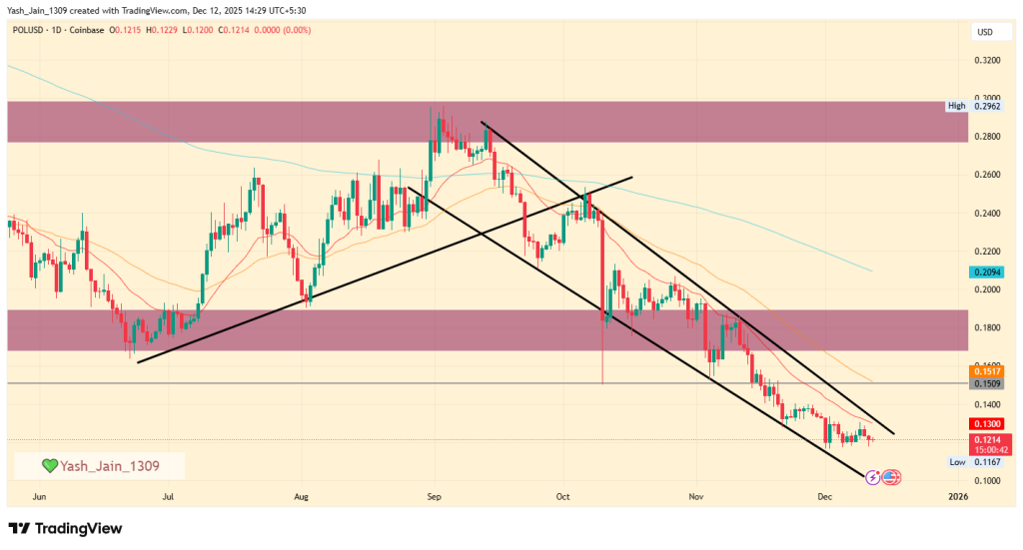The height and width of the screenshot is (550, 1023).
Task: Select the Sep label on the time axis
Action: point(435,495)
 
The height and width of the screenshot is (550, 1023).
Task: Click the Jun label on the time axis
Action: point(40,495)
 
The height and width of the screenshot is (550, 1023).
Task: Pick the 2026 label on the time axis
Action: point(957,495)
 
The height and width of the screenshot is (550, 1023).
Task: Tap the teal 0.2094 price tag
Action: point(985,273)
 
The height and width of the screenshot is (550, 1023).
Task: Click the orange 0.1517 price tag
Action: point(985,371)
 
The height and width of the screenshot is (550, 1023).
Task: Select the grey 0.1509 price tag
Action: point(985,383)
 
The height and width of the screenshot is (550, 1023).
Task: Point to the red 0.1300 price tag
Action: point(985,424)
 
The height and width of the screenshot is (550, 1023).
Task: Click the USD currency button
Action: point(984,33)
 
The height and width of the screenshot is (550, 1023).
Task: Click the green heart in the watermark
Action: point(50,466)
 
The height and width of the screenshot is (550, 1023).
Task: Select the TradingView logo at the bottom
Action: point(65,528)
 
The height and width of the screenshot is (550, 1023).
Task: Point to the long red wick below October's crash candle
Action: point(603,354)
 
